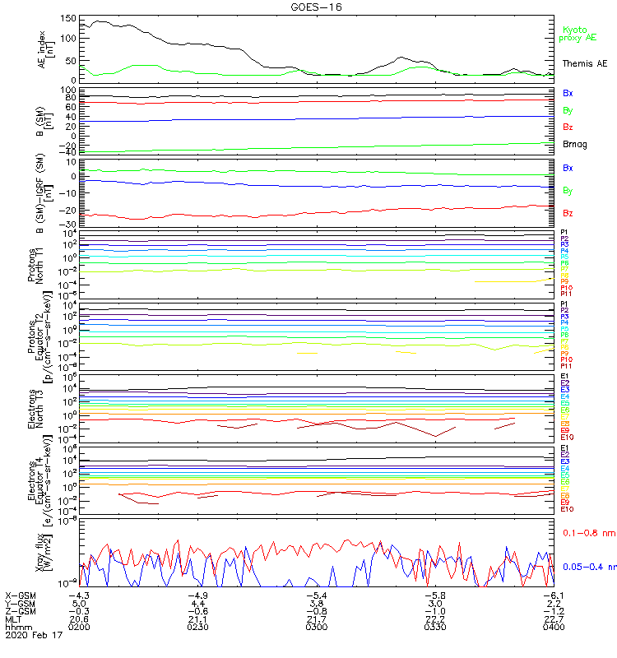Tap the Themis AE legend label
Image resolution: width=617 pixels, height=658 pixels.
[x=584, y=63]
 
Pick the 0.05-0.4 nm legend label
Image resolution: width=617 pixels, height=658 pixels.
[x=587, y=567]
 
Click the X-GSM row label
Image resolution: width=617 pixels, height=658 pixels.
[x=22, y=595]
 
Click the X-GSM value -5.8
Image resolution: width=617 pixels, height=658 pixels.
[x=434, y=595]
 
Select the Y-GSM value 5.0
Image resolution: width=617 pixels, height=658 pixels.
[x=79, y=603]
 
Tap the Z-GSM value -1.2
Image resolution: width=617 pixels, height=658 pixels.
[x=552, y=611]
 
